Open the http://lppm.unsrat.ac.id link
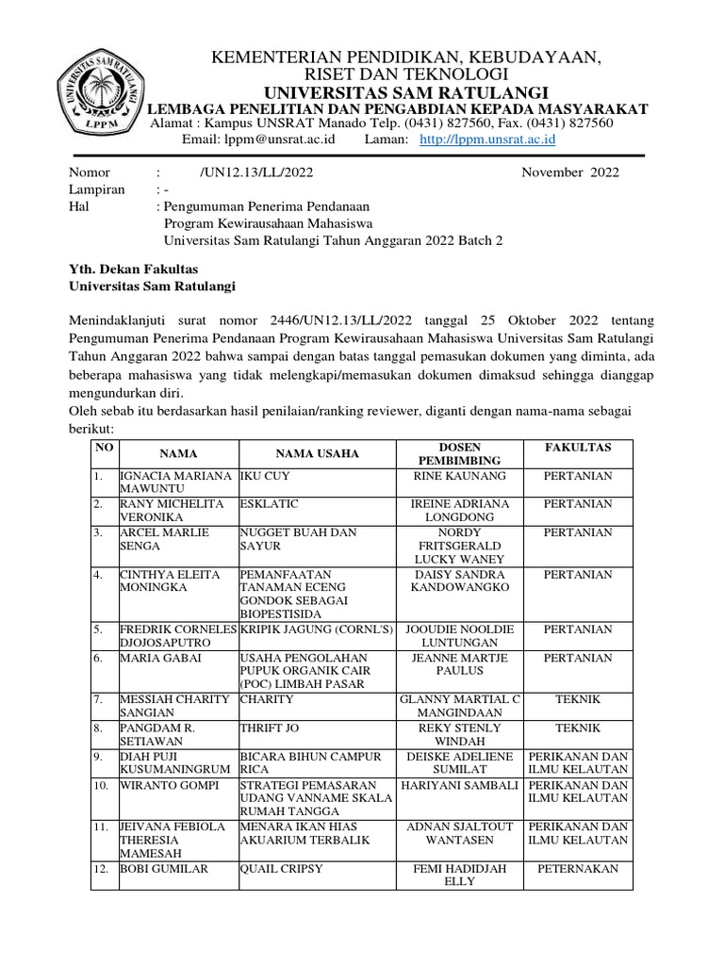[486, 139]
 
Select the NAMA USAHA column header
[316, 453]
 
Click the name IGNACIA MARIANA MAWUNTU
[175, 482]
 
